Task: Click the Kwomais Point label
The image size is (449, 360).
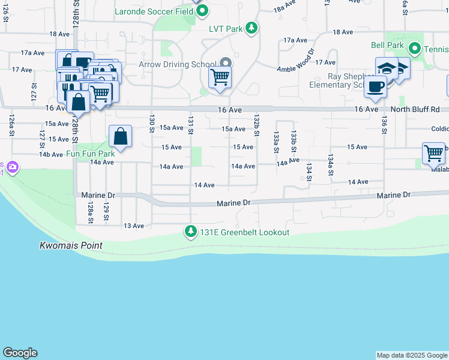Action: click(71, 245)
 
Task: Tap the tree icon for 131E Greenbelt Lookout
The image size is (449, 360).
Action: click(191, 232)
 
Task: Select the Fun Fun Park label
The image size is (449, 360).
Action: click(90, 154)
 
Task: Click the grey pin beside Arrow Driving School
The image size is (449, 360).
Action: click(226, 64)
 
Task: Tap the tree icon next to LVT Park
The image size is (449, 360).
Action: click(252, 28)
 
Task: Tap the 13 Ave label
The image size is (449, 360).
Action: click(134, 226)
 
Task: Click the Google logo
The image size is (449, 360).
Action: click(20, 353)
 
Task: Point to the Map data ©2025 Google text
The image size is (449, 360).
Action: click(412, 355)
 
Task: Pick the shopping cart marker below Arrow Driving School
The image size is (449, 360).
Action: click(220, 77)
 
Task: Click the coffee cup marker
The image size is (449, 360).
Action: click(376, 85)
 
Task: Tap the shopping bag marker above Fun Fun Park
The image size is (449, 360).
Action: click(121, 136)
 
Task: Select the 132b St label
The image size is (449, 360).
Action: click(256, 125)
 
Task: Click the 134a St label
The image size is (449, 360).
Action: click(330, 164)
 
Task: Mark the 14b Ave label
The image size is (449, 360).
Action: click(51, 154)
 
